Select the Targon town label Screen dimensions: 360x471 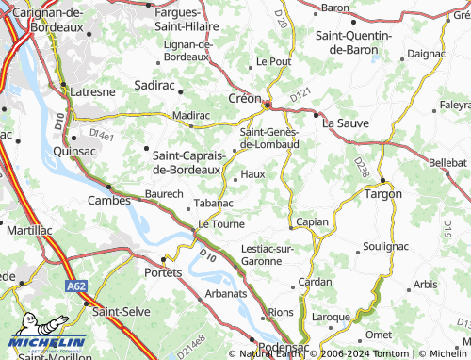383,193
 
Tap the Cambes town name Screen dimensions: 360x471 108,200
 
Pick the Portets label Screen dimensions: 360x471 163,271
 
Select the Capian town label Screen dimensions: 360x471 312,222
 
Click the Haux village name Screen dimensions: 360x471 252,174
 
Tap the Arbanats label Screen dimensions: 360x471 226,293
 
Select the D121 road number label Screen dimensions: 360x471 300,94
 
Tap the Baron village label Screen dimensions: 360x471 334,8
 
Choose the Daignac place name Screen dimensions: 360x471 427,54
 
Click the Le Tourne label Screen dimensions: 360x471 220,224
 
